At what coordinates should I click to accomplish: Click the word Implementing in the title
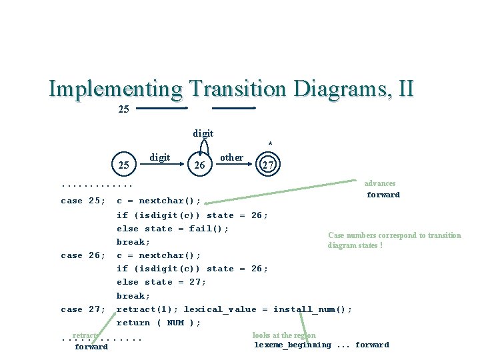tap(115, 89)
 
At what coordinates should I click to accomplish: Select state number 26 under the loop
tap(199, 165)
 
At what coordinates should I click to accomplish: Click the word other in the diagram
tap(231, 157)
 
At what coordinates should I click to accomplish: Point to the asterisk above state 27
tap(269, 144)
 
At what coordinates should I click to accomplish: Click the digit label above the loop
tap(203, 133)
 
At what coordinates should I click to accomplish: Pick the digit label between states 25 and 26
tap(159, 157)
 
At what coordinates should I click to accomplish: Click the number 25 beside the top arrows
tap(123, 109)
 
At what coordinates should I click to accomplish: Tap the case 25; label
tap(83, 201)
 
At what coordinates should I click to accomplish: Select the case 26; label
tap(83, 255)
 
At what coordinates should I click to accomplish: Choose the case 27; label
tap(83, 309)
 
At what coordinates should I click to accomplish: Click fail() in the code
tap(209, 229)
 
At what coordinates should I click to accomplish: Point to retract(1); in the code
tap(147, 309)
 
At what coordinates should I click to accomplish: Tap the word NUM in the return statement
tap(175, 323)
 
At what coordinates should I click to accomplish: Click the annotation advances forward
tap(382, 189)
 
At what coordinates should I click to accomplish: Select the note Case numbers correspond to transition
tap(394, 235)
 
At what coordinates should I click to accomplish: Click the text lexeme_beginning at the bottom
tap(292, 345)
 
